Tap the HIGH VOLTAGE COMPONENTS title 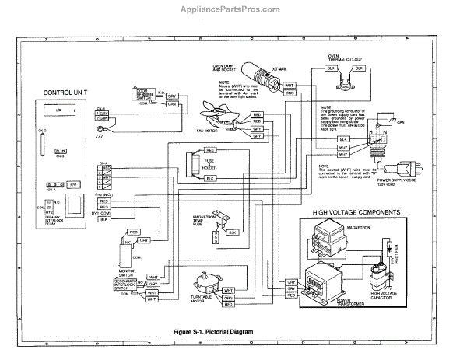click(x=356, y=212)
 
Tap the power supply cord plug click(x=412, y=164)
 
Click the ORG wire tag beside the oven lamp click(x=289, y=93)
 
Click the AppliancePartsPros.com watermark click(x=233, y=10)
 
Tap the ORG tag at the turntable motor click(x=228, y=297)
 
